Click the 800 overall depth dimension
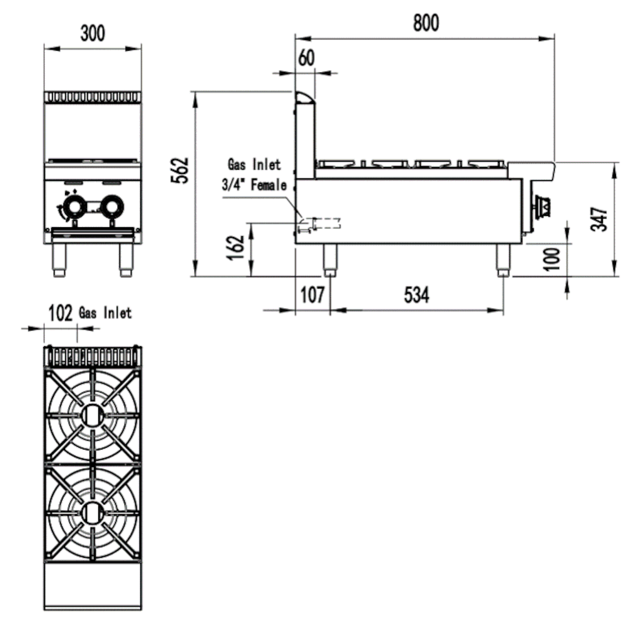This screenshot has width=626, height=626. tap(426, 23)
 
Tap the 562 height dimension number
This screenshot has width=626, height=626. tap(179, 170)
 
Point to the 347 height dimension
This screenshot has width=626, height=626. tap(600, 218)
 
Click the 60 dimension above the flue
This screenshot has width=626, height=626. tap(306, 58)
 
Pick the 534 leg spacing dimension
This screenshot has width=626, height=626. tap(416, 294)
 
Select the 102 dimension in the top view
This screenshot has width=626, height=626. tap(61, 313)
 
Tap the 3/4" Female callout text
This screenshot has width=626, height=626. tap(254, 186)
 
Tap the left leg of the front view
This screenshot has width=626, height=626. tap(59, 257)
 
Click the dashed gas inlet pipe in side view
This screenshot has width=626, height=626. tap(326, 223)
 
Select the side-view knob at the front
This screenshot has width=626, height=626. tap(542, 205)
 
